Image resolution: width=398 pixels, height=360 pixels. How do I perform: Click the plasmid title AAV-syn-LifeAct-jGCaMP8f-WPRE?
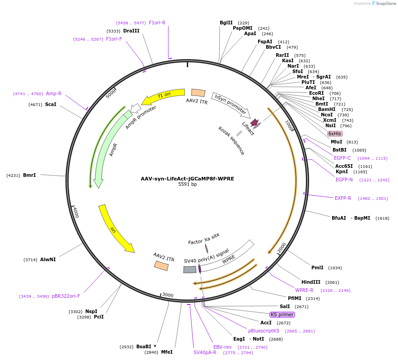[x=187, y=179]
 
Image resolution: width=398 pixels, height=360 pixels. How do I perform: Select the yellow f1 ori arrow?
[x=163, y=95]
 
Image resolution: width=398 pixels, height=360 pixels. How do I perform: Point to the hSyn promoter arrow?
[x=231, y=104]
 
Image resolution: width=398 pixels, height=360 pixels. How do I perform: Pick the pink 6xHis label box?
[x=335, y=134]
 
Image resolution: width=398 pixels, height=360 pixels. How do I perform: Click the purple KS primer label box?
[x=282, y=314]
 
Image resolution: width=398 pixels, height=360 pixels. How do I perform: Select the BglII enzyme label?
[x=226, y=23]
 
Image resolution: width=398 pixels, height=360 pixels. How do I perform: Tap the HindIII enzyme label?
[x=311, y=282]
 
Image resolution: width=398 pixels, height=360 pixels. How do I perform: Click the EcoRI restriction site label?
[x=316, y=93]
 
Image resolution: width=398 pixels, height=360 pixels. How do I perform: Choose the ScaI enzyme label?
[x=51, y=104]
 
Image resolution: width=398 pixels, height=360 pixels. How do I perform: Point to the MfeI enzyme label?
[x=167, y=352]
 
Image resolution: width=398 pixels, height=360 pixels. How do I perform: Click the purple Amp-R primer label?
[x=54, y=93]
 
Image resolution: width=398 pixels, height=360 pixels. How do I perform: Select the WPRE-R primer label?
[x=304, y=290]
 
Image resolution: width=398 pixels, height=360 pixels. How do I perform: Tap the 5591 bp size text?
[x=187, y=185]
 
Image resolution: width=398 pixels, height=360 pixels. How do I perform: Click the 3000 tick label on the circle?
[x=168, y=295]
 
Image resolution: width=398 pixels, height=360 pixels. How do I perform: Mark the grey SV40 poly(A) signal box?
[x=190, y=269]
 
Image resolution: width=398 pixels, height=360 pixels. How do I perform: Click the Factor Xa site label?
[x=204, y=239]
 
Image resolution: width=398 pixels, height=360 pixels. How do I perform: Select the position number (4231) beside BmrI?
[x=13, y=175]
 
